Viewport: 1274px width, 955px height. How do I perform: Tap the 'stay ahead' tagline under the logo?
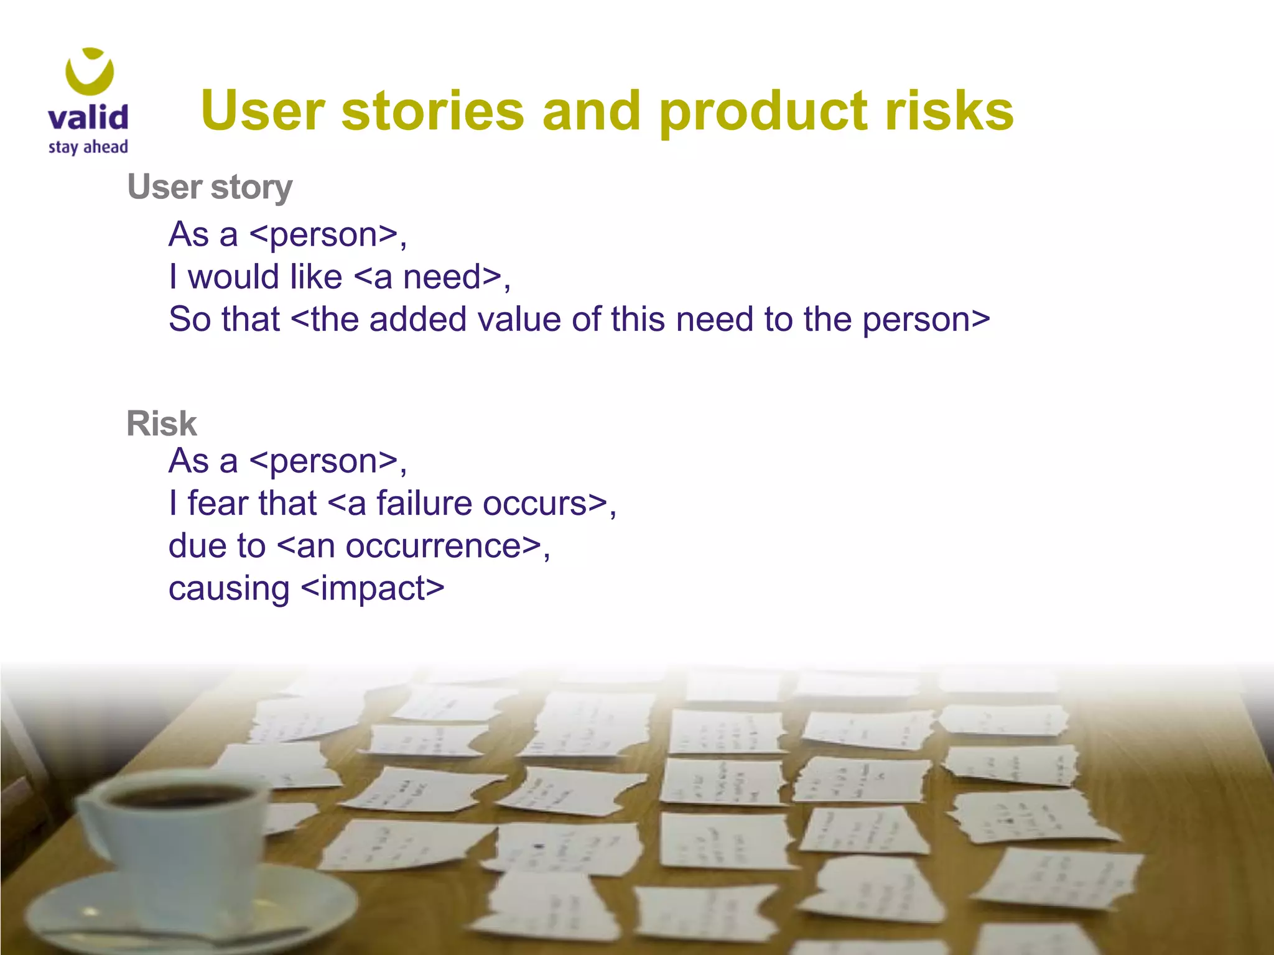88,147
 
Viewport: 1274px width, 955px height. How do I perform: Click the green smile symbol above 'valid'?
90,71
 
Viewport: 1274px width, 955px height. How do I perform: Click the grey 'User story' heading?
210,187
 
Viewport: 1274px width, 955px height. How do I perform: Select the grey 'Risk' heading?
161,424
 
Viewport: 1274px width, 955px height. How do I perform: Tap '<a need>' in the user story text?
429,277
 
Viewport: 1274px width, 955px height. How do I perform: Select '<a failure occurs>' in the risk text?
467,503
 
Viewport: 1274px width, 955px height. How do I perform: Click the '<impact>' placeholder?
373,588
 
